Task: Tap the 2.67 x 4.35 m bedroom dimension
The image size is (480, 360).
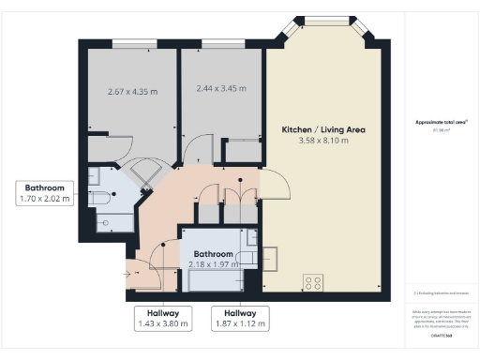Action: (131, 92)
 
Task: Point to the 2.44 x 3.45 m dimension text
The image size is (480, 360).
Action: (221, 89)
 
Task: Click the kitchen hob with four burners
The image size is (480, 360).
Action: (311, 280)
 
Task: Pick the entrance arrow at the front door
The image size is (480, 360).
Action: (128, 275)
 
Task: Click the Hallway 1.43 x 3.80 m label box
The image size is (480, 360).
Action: (162, 319)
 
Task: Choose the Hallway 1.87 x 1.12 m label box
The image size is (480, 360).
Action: (238, 319)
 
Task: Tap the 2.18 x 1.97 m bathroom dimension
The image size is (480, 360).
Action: (213, 265)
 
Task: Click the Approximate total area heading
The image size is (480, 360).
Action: (440, 123)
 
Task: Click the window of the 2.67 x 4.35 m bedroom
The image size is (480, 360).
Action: (131, 43)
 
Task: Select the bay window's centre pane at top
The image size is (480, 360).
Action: (323, 22)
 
